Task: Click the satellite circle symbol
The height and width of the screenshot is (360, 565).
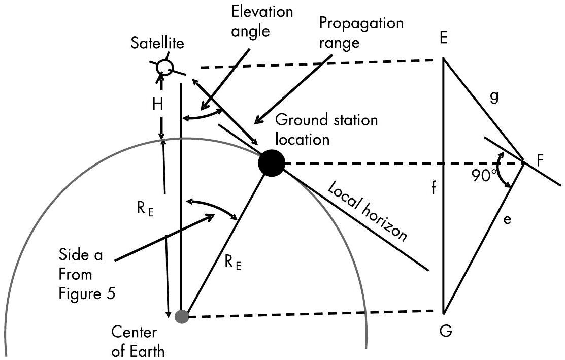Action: pos(164,67)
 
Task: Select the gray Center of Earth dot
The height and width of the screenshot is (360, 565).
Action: pos(181,317)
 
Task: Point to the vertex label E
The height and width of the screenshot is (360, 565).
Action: pos(443,39)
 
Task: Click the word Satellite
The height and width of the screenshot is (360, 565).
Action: pos(155,43)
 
